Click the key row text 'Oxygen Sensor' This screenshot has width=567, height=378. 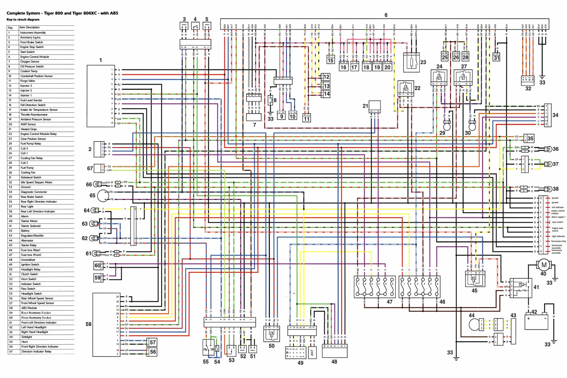coord(30,62)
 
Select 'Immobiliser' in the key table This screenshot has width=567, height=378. coord(28,260)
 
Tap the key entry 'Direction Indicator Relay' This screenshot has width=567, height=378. coord(36,351)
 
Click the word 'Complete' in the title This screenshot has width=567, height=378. coord(15,13)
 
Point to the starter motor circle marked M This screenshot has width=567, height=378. coord(543,265)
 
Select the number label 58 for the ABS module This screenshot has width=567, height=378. coord(88,324)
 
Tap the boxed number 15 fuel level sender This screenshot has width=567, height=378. coord(330,60)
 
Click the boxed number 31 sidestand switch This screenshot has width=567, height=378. coord(497,58)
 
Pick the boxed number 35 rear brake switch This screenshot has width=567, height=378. coord(530,138)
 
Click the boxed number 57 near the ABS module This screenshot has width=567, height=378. coord(153,342)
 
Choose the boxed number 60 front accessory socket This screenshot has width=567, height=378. coord(97,265)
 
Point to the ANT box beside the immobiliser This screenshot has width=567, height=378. coord(312,353)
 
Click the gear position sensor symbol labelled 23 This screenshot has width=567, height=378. coord(411,62)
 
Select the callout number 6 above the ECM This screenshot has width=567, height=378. coord(386,15)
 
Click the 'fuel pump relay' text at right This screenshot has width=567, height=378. coord(558,241)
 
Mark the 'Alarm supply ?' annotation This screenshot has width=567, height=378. coord(558,217)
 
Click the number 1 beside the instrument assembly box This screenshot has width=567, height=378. coord(101,60)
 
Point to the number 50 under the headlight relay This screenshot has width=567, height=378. coord(271,346)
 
